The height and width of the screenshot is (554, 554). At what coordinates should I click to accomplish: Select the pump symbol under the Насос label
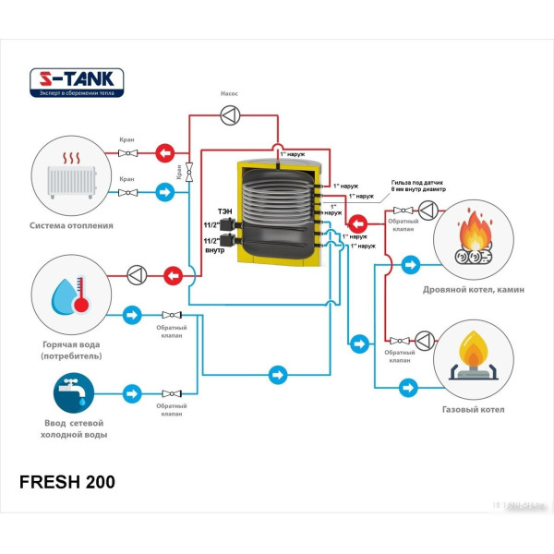(230, 115)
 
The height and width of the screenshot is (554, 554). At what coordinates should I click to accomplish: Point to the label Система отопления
(72, 224)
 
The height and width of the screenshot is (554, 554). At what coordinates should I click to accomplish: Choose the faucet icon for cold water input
(72, 391)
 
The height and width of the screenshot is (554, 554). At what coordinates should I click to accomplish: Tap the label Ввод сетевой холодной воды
(72, 428)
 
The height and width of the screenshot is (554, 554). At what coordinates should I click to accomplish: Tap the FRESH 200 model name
(67, 482)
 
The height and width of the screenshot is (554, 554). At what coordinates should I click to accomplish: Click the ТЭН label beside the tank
(224, 211)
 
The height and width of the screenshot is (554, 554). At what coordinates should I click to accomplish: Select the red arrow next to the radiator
(164, 152)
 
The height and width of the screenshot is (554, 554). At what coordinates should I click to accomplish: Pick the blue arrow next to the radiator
(164, 192)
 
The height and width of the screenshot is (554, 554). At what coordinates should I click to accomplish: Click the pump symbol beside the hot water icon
(137, 274)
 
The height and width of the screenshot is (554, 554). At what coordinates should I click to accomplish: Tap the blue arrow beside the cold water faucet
(132, 392)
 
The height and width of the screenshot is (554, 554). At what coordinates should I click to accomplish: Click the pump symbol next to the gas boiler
(424, 340)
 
